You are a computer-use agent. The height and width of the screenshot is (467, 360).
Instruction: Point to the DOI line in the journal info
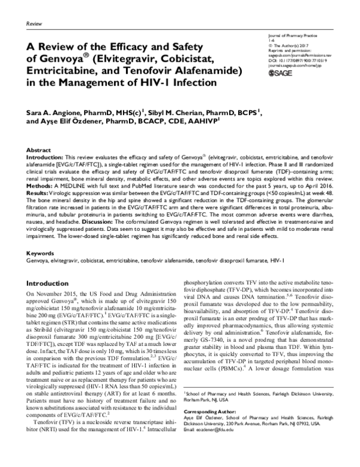click(297, 61)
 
